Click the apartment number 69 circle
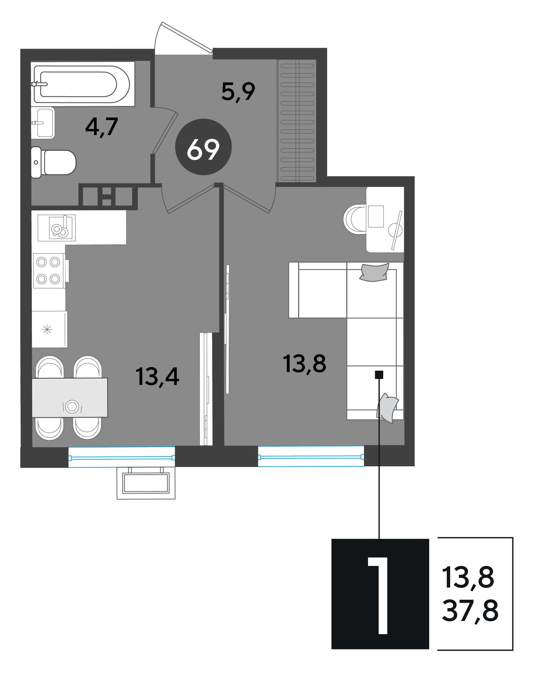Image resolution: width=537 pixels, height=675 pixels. pyautogui.click(x=203, y=147)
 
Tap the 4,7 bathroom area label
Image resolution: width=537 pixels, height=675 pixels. pyautogui.click(x=102, y=127)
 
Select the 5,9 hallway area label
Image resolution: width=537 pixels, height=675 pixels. pyautogui.click(x=238, y=92)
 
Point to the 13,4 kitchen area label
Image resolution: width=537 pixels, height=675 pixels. pyautogui.click(x=157, y=377)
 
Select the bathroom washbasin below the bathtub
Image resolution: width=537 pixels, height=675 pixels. pyautogui.click(x=43, y=123)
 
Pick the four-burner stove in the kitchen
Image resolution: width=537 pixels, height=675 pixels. pyautogui.click(x=49, y=270)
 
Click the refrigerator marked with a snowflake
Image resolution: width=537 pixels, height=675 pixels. pyautogui.click(x=49, y=329)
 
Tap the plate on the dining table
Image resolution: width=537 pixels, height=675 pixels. pyautogui.click(x=72, y=406)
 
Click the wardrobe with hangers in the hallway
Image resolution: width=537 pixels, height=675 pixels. pyautogui.click(x=297, y=121)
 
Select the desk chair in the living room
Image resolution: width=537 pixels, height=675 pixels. pyautogui.click(x=355, y=219)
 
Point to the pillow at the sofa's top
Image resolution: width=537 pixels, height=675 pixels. pyautogui.click(x=374, y=272)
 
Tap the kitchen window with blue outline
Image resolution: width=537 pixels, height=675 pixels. pyautogui.click(x=122, y=457)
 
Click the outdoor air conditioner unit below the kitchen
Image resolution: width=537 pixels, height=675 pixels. pyautogui.click(x=146, y=483)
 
